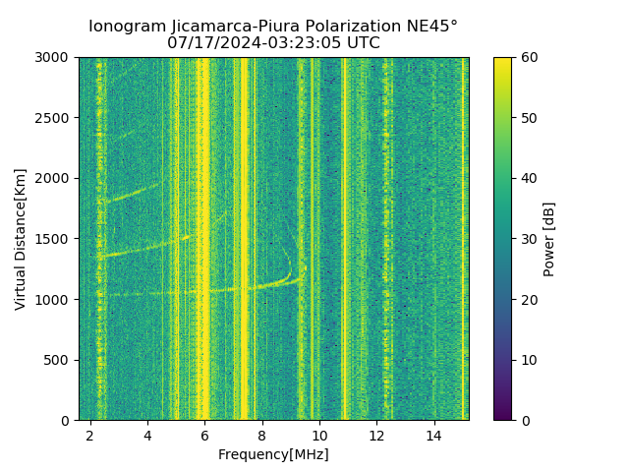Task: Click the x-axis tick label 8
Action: pos(261,435)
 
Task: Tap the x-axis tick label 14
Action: pos(433,435)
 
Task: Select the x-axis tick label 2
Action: pos(90,435)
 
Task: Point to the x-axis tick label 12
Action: pos(376,435)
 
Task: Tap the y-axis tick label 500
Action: pos(57,360)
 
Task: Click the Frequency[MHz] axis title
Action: pos(273,454)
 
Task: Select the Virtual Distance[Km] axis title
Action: pos(21,239)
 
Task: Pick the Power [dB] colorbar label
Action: pos(549,239)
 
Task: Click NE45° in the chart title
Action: pos(428,27)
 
